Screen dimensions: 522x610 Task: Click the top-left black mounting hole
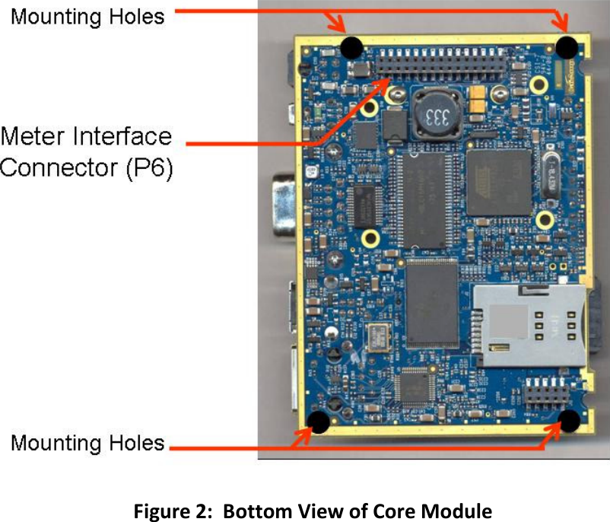351,48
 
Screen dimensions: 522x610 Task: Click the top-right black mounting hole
566,47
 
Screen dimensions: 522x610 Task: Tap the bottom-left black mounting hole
319,421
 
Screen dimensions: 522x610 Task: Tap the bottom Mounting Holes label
87,442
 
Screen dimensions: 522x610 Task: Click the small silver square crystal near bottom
376,335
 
